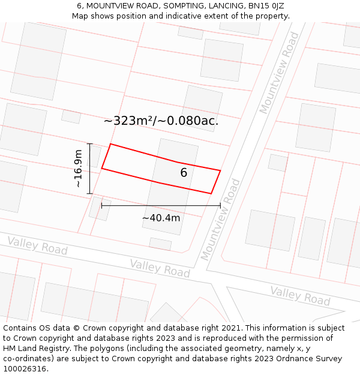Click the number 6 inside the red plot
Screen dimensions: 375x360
[184, 173]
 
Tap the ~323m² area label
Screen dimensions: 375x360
[161, 121]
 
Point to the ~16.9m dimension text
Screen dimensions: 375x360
[78, 169]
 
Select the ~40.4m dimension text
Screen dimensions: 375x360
[161, 218]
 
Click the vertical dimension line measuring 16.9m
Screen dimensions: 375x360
[89, 169]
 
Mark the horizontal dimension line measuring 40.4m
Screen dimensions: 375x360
[161, 206]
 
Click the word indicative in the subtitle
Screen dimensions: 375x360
[201, 16]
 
